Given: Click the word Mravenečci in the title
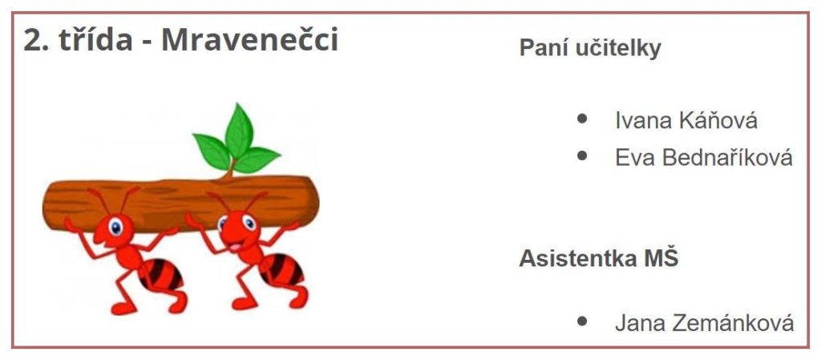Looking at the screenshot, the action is [x=250, y=39].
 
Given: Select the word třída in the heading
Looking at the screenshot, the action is [x=95, y=39].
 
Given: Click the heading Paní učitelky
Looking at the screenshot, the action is [x=590, y=47].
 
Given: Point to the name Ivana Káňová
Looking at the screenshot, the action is [x=686, y=120].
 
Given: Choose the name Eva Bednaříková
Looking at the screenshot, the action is [x=704, y=157].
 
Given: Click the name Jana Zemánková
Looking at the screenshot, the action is [x=704, y=322].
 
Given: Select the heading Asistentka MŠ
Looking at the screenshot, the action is [x=598, y=258].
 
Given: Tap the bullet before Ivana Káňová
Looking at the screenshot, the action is [x=582, y=118].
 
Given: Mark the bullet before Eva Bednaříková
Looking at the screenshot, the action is [x=582, y=156].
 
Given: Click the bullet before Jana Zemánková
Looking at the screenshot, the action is [x=582, y=321].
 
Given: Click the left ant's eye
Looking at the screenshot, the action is [x=115, y=227].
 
